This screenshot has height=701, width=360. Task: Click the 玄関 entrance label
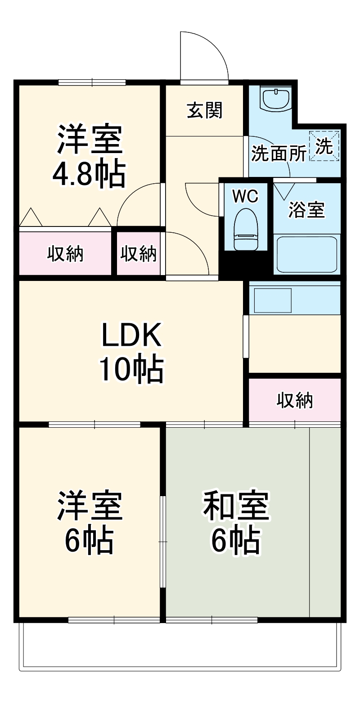[205, 110]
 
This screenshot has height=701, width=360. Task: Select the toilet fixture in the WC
[246, 229]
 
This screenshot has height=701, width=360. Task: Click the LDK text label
[131, 335]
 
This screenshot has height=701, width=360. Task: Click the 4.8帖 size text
[89, 174]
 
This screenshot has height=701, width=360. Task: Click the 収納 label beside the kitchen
[295, 400]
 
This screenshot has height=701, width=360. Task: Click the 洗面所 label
[278, 154]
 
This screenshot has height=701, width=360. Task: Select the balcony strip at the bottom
[180, 646]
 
